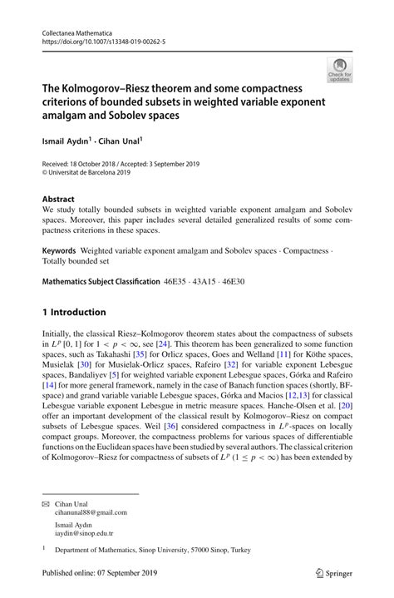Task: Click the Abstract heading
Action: coord(59,200)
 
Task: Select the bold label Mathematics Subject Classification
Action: coord(101,282)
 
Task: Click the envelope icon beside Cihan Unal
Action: coord(47,503)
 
